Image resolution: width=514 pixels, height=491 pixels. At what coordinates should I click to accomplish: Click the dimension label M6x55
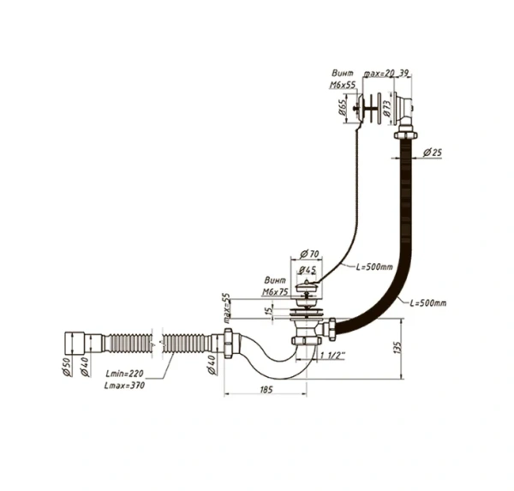pos(343,86)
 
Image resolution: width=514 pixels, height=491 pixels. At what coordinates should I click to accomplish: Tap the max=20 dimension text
pos(380,75)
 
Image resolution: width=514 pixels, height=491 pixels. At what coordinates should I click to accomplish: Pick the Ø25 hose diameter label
pos(433,152)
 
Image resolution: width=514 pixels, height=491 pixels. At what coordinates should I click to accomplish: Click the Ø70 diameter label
pos(309,254)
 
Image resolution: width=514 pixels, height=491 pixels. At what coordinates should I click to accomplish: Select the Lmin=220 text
pos(125,375)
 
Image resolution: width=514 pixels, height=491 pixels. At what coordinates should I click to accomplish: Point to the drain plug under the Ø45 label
pos(307,284)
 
